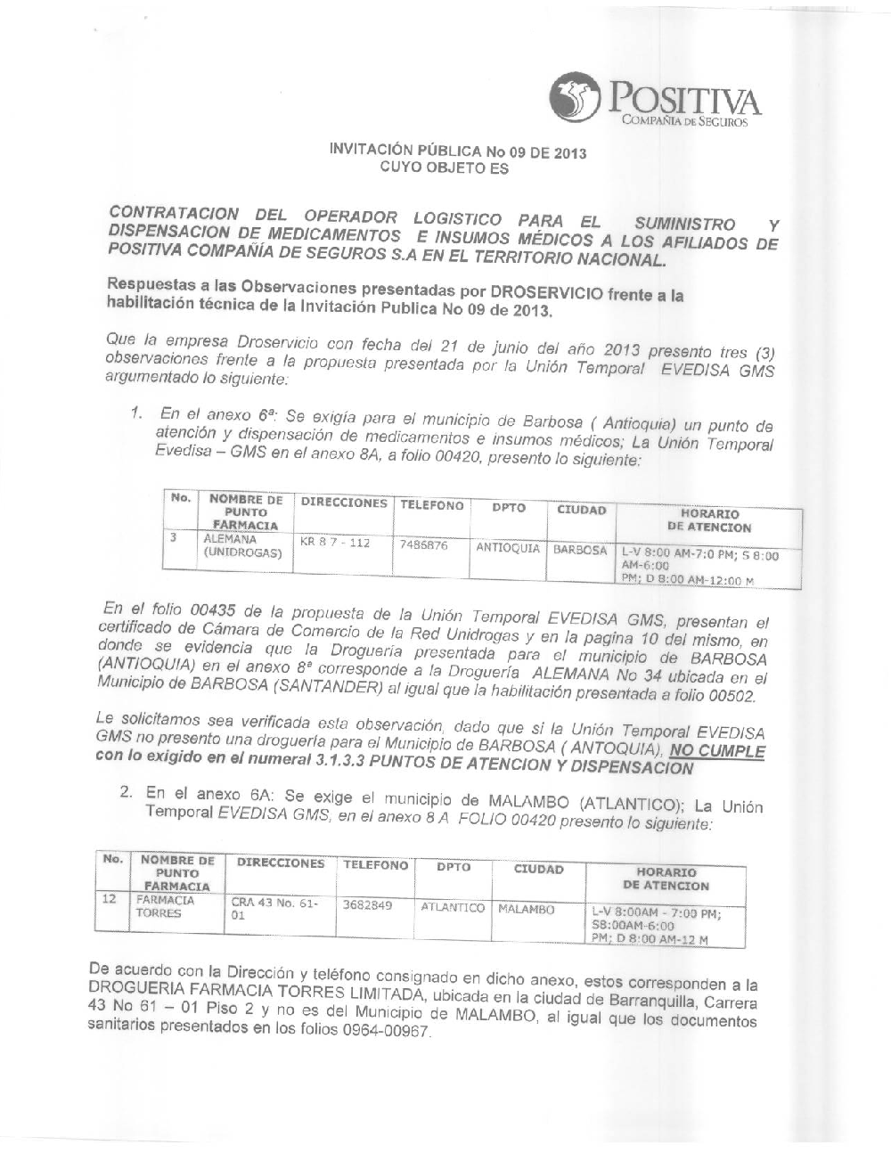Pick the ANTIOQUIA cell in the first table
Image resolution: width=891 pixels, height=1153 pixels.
508,548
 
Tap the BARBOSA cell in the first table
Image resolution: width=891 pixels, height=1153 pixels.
580,550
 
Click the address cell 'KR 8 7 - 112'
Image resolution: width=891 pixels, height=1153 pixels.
334,542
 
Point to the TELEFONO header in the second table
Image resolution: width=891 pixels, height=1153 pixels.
375,865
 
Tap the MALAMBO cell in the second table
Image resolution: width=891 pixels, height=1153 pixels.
527,909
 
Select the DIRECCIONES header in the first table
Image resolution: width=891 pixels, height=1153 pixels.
344,503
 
